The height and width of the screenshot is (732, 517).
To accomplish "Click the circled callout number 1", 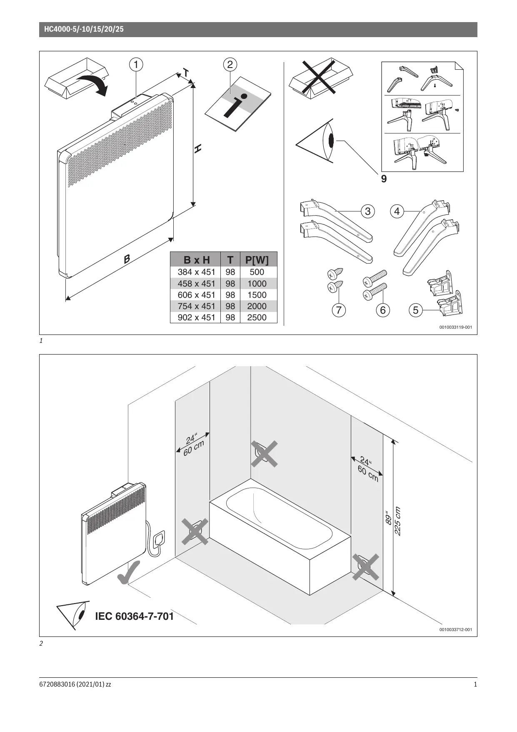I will [136, 65].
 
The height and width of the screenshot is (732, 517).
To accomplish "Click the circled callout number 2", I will [230, 65].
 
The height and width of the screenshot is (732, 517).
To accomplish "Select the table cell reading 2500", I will [257, 317].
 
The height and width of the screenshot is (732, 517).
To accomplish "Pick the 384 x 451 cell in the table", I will [196, 272].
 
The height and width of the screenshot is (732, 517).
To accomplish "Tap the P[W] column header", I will [257, 260].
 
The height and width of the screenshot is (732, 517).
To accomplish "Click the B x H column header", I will [197, 260].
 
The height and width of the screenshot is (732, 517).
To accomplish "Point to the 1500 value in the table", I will [257, 295].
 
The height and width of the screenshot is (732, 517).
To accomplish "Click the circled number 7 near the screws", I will [339, 310].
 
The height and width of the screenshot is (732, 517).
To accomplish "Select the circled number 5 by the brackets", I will [415, 310].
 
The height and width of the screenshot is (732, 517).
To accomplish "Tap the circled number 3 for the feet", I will [367, 211].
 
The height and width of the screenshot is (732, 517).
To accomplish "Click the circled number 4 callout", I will [397, 211].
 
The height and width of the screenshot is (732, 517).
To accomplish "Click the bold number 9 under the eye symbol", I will [384, 179].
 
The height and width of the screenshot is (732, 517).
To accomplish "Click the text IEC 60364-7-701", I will [134, 616].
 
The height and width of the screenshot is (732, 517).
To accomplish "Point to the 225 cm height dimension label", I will [397, 521].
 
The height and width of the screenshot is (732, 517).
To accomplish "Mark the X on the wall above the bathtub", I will [264, 454].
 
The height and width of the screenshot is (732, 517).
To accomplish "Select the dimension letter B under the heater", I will [127, 259].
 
